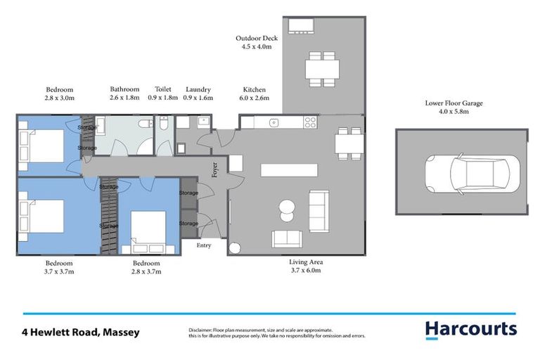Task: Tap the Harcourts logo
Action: [x=470, y=329]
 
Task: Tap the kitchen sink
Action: [x=276, y=122]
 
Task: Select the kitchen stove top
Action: [x=309, y=122]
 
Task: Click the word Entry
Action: [x=203, y=245]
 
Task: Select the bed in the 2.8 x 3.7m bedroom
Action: [x=148, y=231]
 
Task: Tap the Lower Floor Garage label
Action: [x=454, y=103]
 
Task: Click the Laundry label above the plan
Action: [x=198, y=90]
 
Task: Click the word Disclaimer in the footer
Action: [x=202, y=330]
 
